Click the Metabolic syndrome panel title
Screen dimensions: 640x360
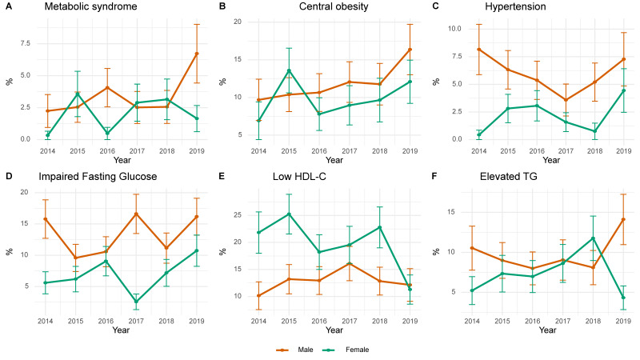click(x=90, y=6)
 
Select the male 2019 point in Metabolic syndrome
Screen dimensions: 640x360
click(x=196, y=54)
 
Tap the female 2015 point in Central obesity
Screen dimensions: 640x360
click(x=289, y=70)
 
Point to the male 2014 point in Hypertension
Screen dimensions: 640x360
click(x=478, y=50)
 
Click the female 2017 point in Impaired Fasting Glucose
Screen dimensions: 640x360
click(x=136, y=302)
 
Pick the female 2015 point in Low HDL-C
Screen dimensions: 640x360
click(x=289, y=214)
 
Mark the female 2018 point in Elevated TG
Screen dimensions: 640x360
click(x=593, y=238)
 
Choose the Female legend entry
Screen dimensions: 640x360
click(x=346, y=350)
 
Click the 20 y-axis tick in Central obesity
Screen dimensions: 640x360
click(x=237, y=22)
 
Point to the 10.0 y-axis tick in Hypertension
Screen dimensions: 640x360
click(x=454, y=29)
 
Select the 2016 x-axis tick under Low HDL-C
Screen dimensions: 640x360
click(x=319, y=322)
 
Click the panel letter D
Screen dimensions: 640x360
click(x=9, y=176)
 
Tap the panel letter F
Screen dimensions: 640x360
click(x=434, y=176)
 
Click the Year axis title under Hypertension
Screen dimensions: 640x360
click(x=551, y=161)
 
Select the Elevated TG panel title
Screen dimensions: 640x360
click(x=508, y=177)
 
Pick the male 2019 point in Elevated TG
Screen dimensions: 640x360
click(x=623, y=219)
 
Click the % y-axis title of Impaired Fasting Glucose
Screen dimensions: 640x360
click(x=10, y=252)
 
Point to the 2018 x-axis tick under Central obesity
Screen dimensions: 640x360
click(x=379, y=151)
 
